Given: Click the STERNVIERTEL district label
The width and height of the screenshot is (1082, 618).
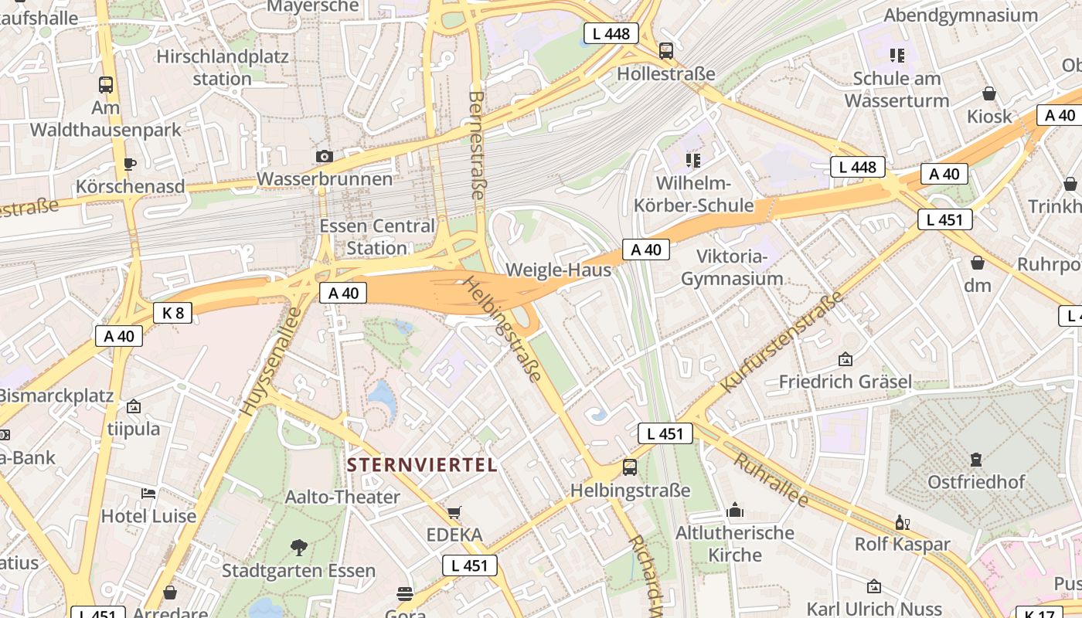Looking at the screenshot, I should tap(422, 465).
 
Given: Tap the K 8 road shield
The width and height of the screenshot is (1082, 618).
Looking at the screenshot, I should tap(172, 313).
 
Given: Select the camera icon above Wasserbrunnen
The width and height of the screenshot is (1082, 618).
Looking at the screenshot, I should tap(325, 156).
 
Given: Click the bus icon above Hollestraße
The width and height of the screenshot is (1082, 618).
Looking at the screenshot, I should tap(665, 51).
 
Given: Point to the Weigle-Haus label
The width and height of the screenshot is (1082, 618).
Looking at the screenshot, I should tap(558, 270).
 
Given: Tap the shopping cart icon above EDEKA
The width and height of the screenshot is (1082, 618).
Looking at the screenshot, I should tap(454, 512).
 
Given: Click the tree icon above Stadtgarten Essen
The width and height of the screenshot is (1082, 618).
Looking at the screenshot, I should tap(298, 548).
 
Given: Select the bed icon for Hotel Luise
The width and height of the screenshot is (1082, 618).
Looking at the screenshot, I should tap(148, 493).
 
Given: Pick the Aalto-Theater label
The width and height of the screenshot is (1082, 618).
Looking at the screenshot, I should tap(342, 497).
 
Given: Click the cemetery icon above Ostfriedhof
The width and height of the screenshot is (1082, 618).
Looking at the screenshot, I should tap(976, 460).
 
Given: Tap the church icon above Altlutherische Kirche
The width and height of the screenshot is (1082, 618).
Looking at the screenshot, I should tap(735, 511).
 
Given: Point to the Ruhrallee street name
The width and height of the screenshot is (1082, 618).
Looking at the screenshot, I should tap(771, 480).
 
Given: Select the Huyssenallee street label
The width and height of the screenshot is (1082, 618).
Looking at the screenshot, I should tap(260, 360).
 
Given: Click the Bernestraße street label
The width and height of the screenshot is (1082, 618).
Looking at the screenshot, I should tap(477, 145).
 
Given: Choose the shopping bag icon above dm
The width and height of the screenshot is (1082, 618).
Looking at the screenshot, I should tap(978, 263).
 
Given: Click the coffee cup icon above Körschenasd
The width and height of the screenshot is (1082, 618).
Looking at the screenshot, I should tap(129, 164).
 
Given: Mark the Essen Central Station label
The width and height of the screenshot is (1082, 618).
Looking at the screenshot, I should tap(377, 237).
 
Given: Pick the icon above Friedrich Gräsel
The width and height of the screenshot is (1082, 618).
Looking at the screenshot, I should tap(846, 359).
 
